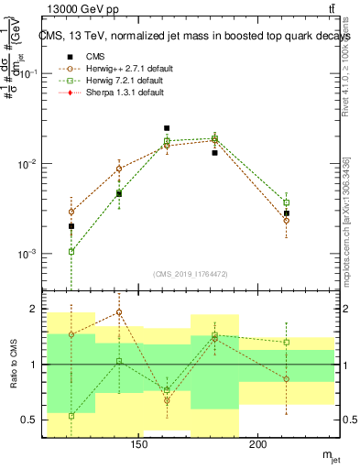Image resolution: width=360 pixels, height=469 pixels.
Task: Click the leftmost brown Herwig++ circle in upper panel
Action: coord(71,212)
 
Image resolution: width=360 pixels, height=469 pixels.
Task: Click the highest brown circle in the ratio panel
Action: coord(119,312)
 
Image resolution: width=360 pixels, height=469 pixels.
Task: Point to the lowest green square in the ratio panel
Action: coord(71,415)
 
